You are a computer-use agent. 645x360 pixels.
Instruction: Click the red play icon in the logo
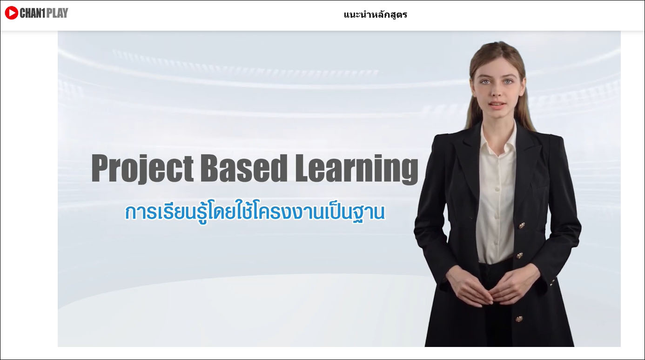[12, 13]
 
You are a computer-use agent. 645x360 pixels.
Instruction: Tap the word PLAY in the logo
[57, 13]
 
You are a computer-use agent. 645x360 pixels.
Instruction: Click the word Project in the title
[142, 169]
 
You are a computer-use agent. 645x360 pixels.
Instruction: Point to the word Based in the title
[244, 168]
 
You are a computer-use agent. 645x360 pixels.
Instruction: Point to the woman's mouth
[497, 104]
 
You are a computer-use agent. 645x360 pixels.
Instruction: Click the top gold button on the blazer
[522, 226]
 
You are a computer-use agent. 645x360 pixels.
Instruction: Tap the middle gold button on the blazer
[520, 255]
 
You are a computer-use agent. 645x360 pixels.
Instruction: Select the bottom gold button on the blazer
[519, 319]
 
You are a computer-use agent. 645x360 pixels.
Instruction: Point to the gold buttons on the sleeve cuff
[552, 282]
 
